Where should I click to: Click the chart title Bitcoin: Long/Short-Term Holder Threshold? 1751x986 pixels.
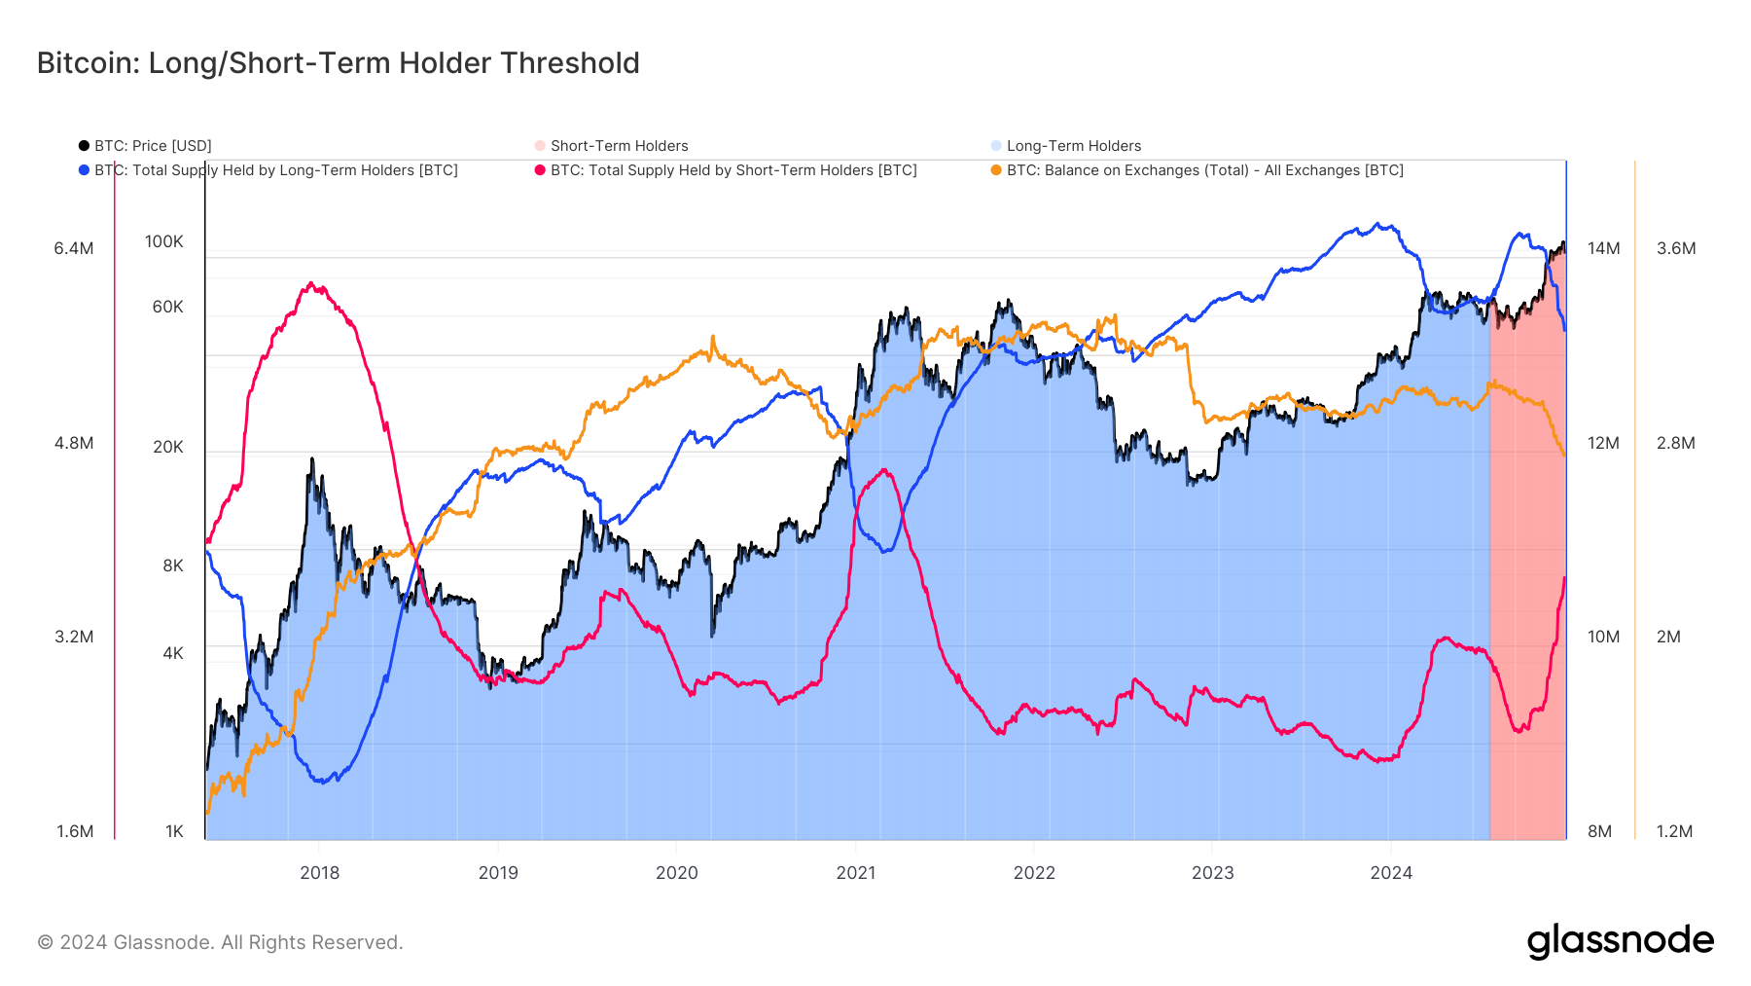338,63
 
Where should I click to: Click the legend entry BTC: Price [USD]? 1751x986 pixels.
152,146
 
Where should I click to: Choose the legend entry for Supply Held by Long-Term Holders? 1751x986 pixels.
275,170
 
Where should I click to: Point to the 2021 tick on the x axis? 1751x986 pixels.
855,873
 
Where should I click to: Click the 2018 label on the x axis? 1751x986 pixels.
319,873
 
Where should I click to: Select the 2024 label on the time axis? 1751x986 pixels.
1391,873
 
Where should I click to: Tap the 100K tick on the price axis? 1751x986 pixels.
163,241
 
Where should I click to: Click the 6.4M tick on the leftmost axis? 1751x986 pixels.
74,248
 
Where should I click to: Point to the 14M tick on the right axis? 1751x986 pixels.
1603,248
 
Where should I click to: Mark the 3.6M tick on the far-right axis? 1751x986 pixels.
1676,248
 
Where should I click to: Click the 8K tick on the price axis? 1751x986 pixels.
172,566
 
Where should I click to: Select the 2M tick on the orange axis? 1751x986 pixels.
1668,637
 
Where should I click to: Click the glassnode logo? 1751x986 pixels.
1620,941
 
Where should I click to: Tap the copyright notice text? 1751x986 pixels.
220,942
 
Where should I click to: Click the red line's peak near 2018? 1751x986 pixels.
310,283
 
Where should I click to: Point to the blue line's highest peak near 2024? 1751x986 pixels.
1377,224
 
